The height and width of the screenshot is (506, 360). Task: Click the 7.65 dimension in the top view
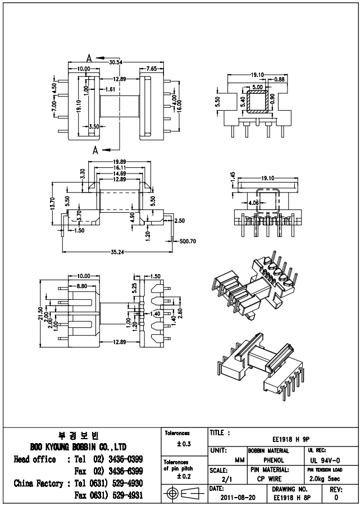151,69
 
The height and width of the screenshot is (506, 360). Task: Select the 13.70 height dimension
52,206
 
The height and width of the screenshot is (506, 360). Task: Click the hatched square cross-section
258,102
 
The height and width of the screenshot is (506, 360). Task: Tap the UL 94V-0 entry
322,460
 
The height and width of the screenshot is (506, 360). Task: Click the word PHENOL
274,460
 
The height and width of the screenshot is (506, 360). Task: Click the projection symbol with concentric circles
174,493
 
